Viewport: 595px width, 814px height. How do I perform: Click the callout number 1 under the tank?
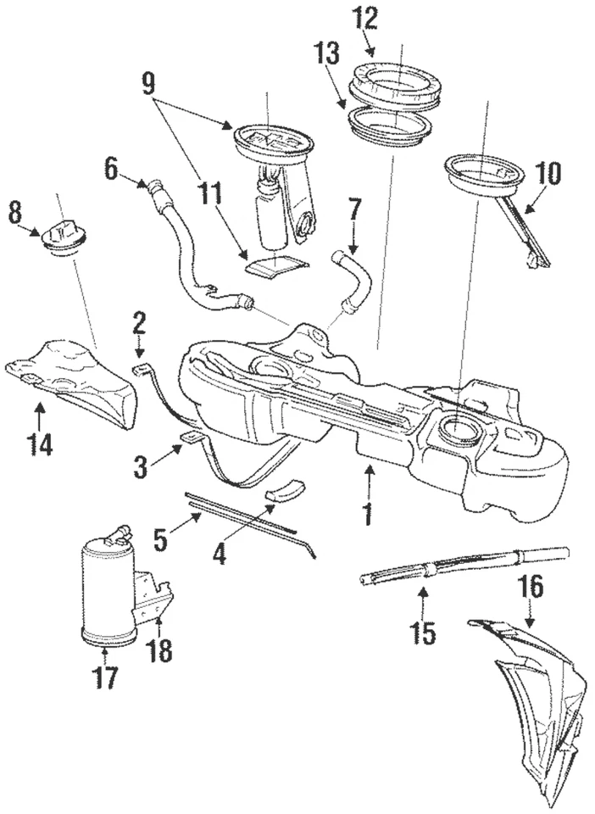coord(369,514)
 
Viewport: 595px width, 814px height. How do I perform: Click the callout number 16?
coord(532,586)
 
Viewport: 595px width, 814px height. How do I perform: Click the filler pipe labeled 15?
coord(441,566)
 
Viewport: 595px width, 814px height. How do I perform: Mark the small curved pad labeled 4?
coord(285,491)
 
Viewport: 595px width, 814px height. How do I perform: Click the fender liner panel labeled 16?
coord(534,695)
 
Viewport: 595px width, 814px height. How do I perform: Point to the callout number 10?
coord(548,174)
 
